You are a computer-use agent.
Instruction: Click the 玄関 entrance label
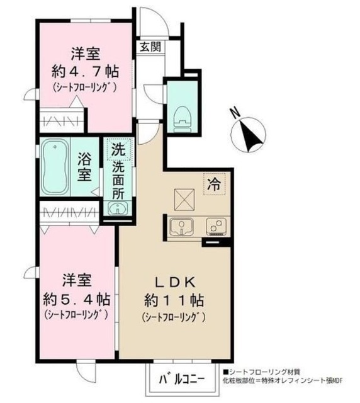point(150,47)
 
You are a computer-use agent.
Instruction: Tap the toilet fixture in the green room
point(183,119)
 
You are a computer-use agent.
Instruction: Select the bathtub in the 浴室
point(55,166)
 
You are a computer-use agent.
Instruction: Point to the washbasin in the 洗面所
point(118,208)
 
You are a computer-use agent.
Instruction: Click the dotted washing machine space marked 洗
point(119,149)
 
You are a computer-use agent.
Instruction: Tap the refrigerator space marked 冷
point(215,184)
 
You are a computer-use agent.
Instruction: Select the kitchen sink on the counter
point(182,227)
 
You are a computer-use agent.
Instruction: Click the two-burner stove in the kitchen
point(216,226)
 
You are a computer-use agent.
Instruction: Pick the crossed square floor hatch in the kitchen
point(184,200)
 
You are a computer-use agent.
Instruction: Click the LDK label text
point(175,283)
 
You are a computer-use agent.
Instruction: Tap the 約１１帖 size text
point(174,300)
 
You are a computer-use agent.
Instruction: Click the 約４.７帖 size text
point(86,72)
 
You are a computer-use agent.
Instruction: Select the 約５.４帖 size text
point(76,299)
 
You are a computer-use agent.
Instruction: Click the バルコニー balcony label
point(182,379)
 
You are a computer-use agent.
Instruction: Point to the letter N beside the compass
point(234,113)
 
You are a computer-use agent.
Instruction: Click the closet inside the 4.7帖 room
point(62,120)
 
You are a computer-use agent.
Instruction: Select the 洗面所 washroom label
point(118,181)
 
